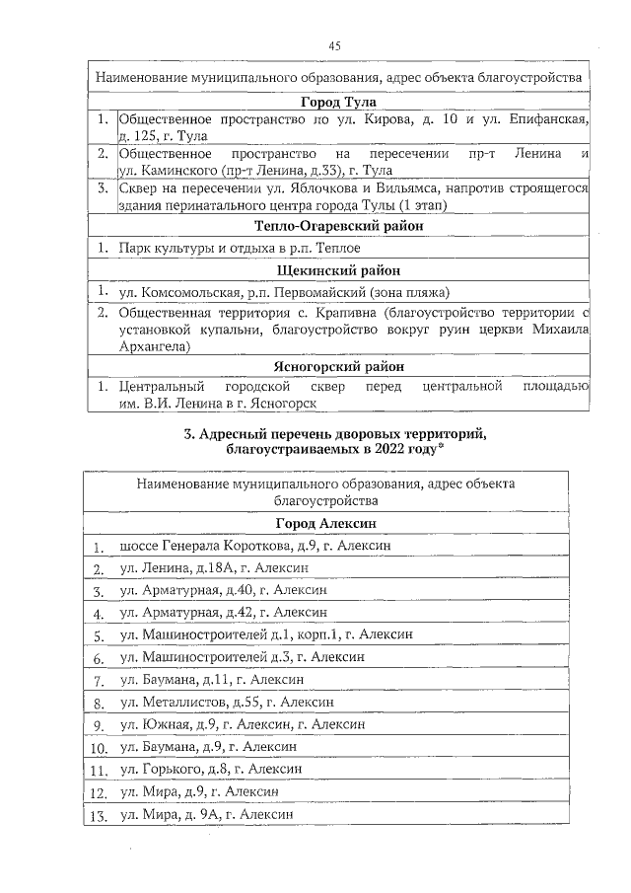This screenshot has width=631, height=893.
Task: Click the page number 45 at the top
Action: click(334, 46)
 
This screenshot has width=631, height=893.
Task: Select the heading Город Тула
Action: click(338, 102)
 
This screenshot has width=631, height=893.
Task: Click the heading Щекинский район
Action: click(338, 269)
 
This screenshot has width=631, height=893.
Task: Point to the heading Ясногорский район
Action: click(338, 366)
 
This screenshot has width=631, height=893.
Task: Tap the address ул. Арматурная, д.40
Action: click(223, 591)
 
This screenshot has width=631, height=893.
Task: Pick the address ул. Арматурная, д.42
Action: click(223, 614)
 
